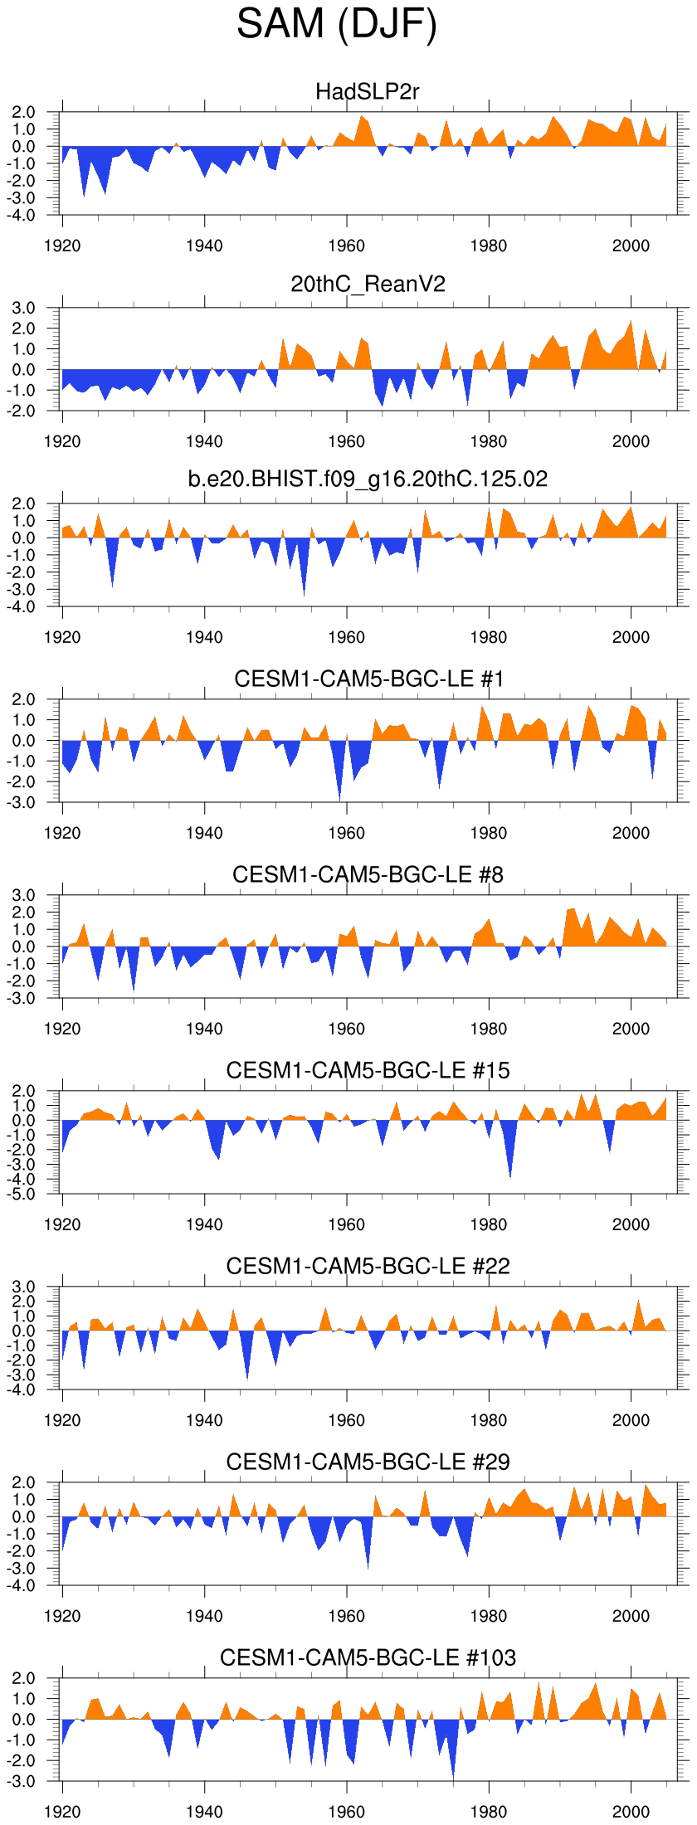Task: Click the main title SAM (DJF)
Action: [x=336, y=24]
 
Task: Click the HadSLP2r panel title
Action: [x=368, y=91]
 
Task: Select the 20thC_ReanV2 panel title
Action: [x=368, y=285]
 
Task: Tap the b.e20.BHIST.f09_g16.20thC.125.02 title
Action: [x=368, y=479]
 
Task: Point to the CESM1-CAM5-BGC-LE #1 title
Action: [x=368, y=679]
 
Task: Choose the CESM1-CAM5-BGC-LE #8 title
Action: [x=368, y=874]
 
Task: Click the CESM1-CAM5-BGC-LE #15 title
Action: [x=368, y=1070]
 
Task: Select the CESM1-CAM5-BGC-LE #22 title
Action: [x=368, y=1266]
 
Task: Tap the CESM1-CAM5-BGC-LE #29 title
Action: [x=368, y=1462]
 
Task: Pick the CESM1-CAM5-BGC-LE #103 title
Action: [x=368, y=1657]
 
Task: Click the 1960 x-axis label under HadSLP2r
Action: [x=346, y=246]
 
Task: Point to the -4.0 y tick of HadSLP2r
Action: [x=23, y=216]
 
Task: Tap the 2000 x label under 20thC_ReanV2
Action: [x=631, y=441]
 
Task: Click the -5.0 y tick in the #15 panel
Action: [x=23, y=1195]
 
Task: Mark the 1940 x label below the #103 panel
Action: [x=204, y=1812]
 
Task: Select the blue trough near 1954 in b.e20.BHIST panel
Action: [x=304, y=585]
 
